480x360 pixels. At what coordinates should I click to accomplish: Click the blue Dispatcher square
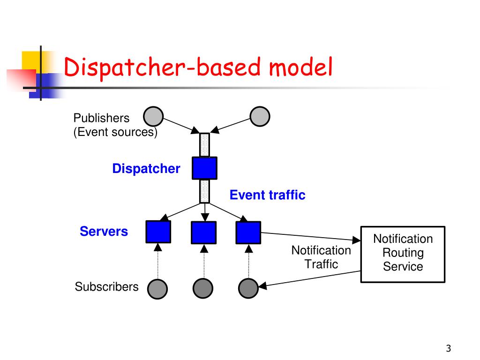coord(204,168)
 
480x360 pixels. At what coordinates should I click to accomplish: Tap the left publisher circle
coord(153,116)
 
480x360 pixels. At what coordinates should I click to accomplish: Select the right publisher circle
coord(260,116)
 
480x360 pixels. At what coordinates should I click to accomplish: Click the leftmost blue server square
coord(158,232)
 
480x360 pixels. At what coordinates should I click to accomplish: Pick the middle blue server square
coord(203,232)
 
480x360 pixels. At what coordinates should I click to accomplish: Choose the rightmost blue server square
coord(248,232)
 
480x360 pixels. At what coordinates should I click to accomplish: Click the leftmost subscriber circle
coord(157,289)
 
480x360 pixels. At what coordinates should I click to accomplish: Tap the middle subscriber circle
coord(203,288)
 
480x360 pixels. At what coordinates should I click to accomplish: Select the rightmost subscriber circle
coord(248,288)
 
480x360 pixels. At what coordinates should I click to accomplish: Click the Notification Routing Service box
coord(403,254)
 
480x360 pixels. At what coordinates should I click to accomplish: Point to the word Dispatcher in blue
coord(146,169)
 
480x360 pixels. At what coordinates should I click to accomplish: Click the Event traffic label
coord(268,195)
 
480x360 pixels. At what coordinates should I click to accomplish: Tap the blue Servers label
coord(104,232)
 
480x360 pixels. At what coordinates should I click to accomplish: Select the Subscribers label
coord(106,287)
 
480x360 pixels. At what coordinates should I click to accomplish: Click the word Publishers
coord(101,118)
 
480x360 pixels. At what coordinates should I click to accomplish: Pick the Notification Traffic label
coord(321,257)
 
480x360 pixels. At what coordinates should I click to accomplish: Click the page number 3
coord(449,348)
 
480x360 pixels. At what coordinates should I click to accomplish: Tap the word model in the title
coord(300,67)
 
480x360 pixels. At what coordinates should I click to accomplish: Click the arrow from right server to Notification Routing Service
coord(311,237)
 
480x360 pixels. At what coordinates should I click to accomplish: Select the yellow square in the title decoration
coord(31,60)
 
